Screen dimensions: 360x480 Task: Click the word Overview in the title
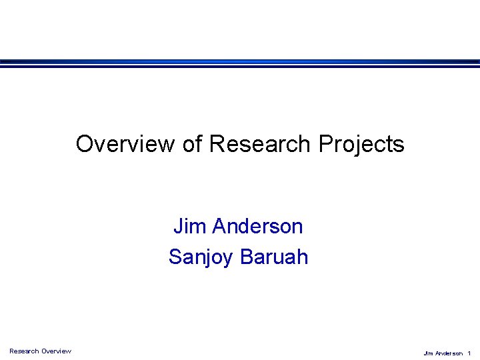click(x=126, y=144)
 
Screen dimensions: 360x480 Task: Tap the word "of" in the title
click(x=192, y=144)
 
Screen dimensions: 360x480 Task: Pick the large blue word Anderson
click(x=257, y=227)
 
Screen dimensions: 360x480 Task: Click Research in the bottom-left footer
click(x=24, y=351)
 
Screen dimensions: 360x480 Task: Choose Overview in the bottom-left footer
click(x=56, y=351)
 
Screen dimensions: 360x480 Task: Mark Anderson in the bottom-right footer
click(x=448, y=353)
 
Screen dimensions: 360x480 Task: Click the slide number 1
click(x=469, y=353)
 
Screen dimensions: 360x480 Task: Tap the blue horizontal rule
click(x=240, y=63)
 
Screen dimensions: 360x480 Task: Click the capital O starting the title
click(x=84, y=144)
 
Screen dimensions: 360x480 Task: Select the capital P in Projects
click(x=325, y=144)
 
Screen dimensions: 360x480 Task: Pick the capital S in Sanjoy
click(x=175, y=257)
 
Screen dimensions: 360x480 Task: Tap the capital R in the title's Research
click(x=217, y=144)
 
